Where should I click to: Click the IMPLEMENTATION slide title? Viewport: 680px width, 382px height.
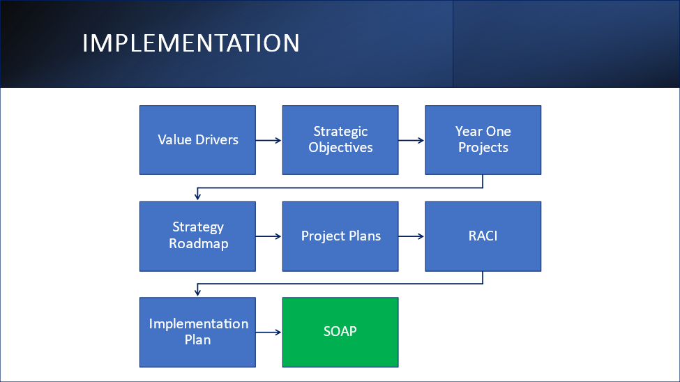coord(191,43)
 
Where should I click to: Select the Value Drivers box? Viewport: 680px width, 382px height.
coord(198,140)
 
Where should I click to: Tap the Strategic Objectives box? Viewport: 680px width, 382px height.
coord(340,140)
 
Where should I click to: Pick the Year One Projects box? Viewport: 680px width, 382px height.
coord(483,140)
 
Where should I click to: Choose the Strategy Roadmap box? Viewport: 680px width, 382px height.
coord(198,236)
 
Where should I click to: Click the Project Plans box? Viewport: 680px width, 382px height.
coord(340,236)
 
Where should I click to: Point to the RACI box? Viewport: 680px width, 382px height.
coord(483,236)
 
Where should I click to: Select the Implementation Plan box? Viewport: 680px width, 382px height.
coord(198,332)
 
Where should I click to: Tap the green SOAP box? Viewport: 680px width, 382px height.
coord(340,332)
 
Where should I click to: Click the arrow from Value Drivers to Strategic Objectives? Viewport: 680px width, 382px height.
coord(269,140)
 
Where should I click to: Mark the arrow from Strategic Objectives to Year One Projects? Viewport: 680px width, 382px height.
coord(411,140)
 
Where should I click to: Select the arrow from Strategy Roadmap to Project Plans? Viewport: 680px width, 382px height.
coord(269,236)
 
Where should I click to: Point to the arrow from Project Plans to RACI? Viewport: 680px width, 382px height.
coord(411,236)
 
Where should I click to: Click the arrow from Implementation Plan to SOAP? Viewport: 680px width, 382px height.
coord(269,332)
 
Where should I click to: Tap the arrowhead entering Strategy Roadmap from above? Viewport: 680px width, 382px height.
coord(198,197)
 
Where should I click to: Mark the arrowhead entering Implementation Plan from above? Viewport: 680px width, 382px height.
coord(198,293)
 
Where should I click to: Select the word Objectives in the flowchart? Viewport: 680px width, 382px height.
coord(340,148)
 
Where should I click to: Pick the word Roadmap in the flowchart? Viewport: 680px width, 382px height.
coord(199,244)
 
